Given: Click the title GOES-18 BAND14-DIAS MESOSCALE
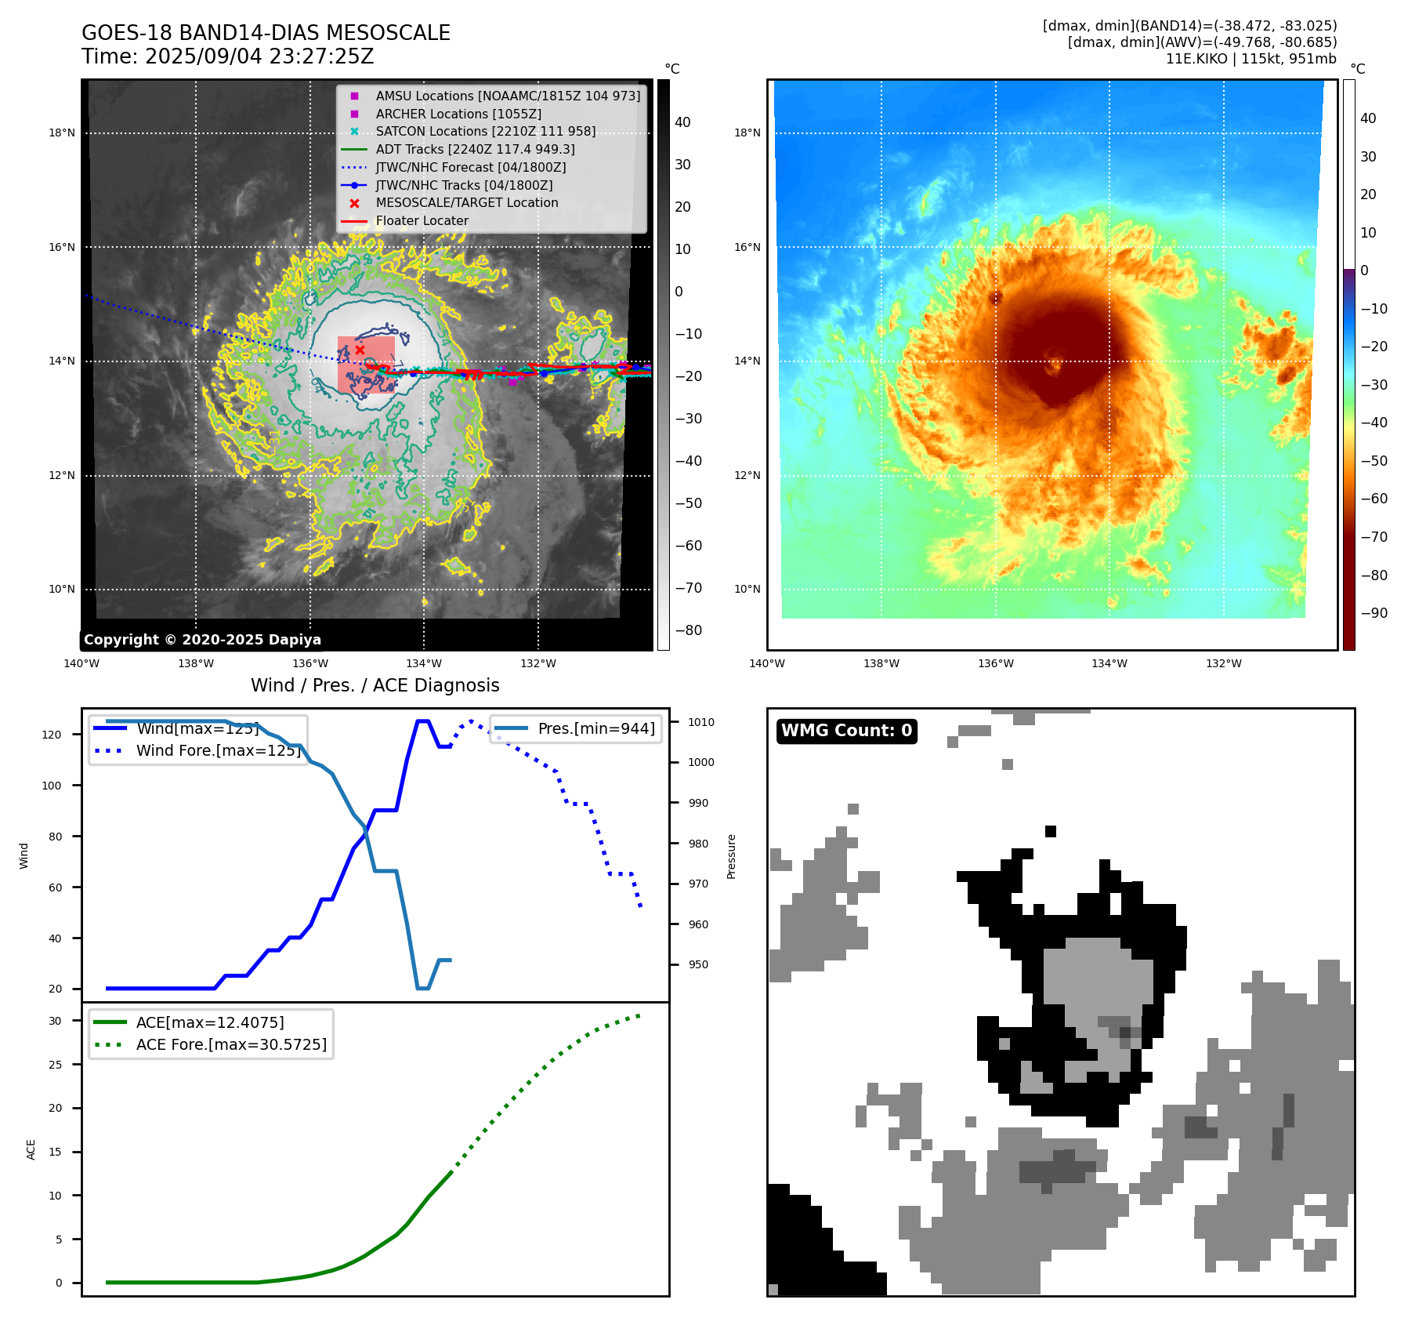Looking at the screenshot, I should (266, 33).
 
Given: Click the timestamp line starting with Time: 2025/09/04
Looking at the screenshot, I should (227, 57).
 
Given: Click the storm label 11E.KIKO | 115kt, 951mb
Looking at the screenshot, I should (1251, 59).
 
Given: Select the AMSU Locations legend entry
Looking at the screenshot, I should (507, 96).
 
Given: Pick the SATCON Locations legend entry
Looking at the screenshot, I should (485, 132).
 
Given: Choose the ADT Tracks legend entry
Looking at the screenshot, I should (475, 149).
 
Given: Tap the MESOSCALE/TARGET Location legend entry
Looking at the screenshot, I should (466, 203).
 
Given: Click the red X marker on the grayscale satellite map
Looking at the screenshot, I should (360, 350).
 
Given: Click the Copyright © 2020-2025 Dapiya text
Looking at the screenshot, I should (202, 640).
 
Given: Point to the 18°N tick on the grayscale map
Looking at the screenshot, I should (62, 133).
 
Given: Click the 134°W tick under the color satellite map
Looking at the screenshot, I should (1109, 664).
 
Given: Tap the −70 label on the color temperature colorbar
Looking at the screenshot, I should (1374, 537).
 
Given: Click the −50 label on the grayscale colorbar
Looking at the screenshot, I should (689, 503).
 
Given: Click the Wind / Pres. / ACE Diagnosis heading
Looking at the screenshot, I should (375, 685).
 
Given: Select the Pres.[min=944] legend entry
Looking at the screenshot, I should (595, 728).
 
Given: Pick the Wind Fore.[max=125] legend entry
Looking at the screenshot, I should (218, 750).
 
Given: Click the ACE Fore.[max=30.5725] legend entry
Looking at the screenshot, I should (231, 1044).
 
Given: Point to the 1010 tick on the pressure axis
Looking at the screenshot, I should (701, 722).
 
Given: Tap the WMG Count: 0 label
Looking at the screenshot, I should (846, 731).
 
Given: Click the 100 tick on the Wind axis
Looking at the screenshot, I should (52, 786).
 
